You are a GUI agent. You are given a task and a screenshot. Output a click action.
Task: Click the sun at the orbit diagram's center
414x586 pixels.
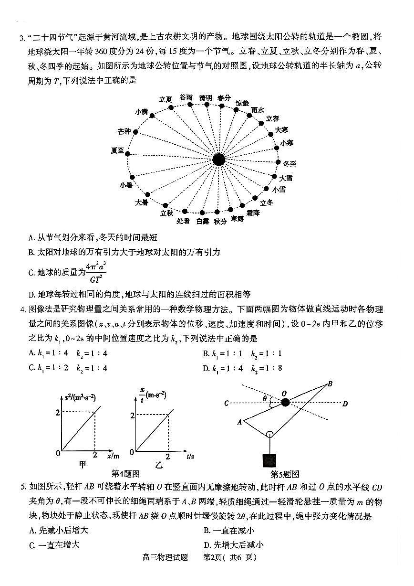pos(218,160)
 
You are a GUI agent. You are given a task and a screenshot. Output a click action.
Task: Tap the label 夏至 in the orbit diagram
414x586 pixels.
pos(117,150)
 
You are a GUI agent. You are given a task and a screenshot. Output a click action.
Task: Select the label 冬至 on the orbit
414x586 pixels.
pos(290,164)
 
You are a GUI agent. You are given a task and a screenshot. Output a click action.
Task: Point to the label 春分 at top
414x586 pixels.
pos(224,97)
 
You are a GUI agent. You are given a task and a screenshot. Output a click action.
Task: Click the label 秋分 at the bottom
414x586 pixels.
pos(220,221)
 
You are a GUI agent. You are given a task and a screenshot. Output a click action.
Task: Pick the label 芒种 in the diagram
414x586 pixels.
pos(124,131)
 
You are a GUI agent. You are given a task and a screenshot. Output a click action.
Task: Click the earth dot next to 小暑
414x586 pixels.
pos(132,177)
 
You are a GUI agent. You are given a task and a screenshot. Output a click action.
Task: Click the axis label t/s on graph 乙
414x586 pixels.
pos(190,457)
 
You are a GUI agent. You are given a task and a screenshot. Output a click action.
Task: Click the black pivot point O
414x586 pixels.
pos(285,403)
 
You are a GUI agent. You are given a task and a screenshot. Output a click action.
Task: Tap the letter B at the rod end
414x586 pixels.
pos(330,384)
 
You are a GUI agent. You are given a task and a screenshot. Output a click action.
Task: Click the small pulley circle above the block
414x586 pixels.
pos(269,435)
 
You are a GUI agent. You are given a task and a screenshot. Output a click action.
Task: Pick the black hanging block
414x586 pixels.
pos(269,461)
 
